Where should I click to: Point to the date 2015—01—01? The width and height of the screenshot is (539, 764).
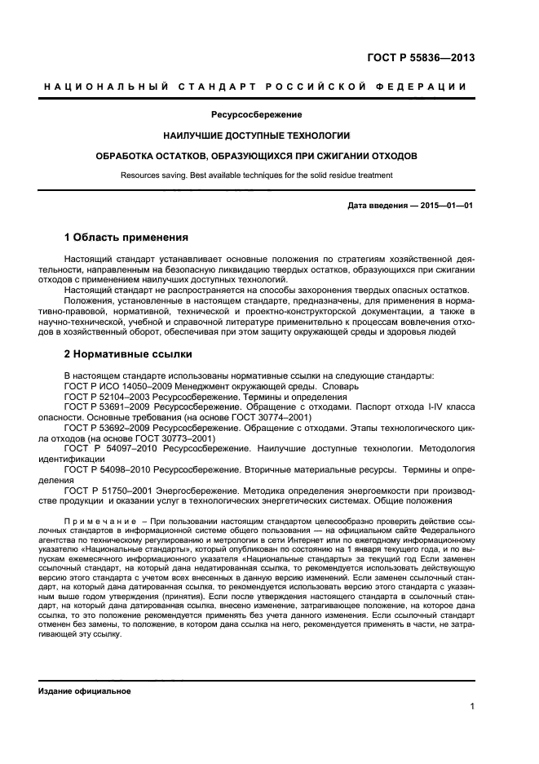pyautogui.click(x=447, y=206)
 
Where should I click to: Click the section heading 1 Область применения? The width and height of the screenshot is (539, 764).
pyautogui.click(x=126, y=238)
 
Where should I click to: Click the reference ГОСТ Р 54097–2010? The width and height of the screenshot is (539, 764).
pyautogui.click(x=110, y=447)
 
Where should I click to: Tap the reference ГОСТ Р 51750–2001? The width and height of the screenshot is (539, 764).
pyautogui.click(x=110, y=491)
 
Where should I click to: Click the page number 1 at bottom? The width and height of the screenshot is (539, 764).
pyautogui.click(x=473, y=708)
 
